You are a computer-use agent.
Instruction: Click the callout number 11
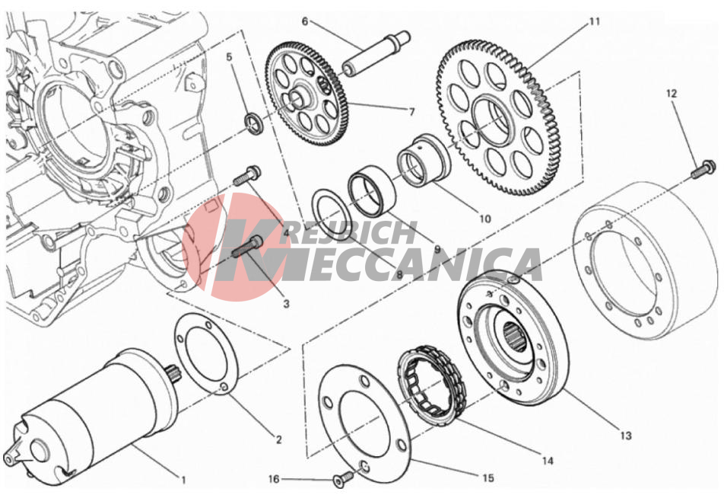coord(594,21)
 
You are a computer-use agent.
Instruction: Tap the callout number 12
coord(672,94)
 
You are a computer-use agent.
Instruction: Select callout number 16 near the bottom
coord(275,479)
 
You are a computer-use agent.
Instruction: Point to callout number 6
coord(305,22)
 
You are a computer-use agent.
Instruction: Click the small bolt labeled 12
coord(703,170)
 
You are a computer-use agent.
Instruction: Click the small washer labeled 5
coord(253,123)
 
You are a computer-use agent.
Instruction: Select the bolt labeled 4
coord(247,176)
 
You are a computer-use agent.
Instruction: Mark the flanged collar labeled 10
coord(424,159)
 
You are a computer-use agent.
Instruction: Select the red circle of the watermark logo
coord(237,247)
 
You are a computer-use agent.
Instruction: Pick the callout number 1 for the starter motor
coord(183,481)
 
